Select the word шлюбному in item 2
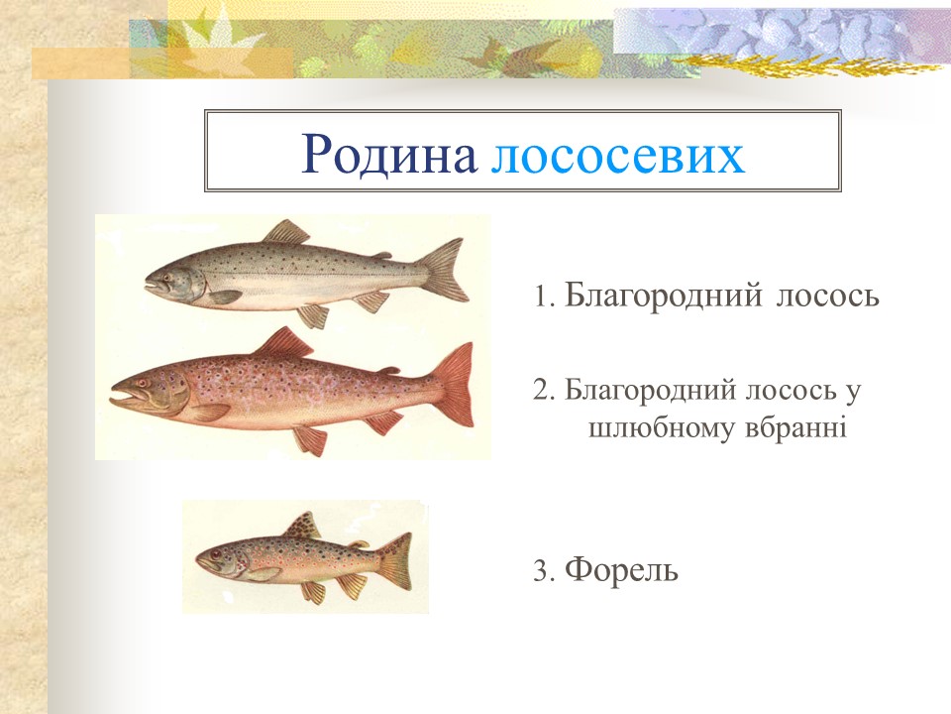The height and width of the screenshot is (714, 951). (659, 429)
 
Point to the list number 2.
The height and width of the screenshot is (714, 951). (540, 391)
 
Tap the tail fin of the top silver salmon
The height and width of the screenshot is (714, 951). (445, 270)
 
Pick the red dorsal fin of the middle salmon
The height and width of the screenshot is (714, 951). (282, 343)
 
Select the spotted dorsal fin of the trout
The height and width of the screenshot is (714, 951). (305, 525)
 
